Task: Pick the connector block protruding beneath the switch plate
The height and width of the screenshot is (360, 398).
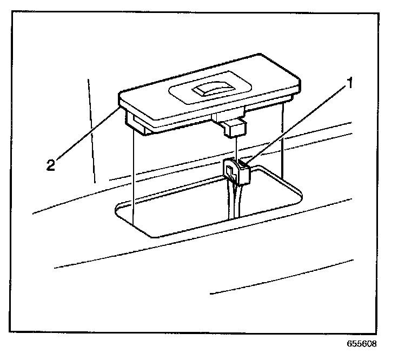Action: coord(233,128)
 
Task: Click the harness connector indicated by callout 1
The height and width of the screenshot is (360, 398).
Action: coord(238,171)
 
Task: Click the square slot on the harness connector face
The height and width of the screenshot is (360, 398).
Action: coord(230,173)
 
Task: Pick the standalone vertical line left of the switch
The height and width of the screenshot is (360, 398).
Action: coord(91,130)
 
